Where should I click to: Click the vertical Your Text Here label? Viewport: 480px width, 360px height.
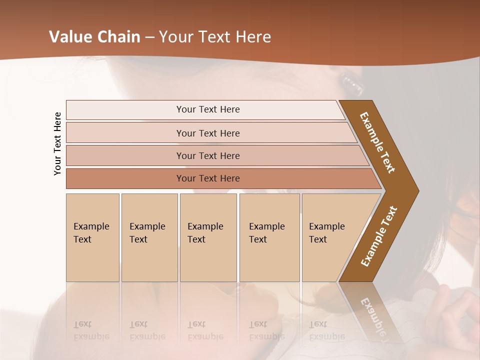pos(57,143)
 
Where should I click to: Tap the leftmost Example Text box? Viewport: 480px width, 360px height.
pos(92,237)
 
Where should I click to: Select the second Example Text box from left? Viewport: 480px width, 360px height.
pos(149,237)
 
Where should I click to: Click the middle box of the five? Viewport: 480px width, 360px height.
pos(208,237)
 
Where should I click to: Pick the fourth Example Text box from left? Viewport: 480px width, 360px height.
pos(269,237)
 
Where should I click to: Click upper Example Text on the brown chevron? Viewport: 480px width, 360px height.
pos(377,142)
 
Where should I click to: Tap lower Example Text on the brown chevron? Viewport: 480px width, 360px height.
pos(378,236)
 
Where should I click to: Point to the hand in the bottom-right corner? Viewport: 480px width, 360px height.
pos(457,320)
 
